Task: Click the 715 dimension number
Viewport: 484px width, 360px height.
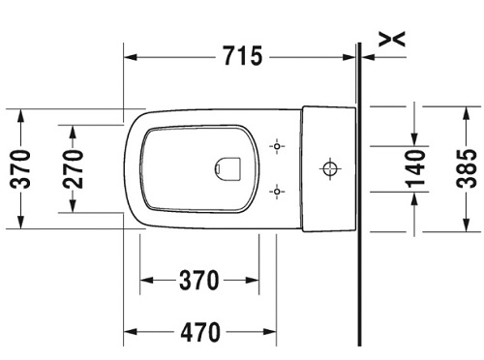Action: click(x=243, y=56)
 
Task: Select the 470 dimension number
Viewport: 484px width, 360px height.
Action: click(x=200, y=332)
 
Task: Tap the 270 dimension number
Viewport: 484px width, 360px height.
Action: click(x=73, y=168)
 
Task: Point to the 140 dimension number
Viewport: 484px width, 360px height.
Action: click(x=415, y=168)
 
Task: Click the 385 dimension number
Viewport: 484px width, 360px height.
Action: click(x=467, y=168)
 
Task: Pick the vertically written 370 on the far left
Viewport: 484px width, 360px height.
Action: click(x=20, y=169)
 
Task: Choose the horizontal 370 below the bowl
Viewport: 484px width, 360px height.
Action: click(x=199, y=280)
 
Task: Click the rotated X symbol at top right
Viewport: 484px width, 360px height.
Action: click(x=391, y=39)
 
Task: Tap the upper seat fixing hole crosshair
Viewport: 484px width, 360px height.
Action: click(x=277, y=146)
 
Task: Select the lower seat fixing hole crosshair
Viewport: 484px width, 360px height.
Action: click(x=277, y=192)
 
